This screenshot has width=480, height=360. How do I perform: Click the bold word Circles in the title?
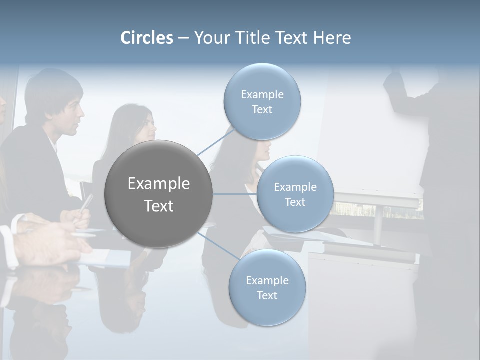146,38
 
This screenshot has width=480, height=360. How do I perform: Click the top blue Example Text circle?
262,102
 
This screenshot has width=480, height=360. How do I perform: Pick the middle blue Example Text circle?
295,194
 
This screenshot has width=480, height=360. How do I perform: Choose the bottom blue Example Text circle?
267,288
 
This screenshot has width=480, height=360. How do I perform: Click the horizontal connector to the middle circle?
235,194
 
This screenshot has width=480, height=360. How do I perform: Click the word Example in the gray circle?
158,184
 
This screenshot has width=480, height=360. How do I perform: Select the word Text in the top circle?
262,110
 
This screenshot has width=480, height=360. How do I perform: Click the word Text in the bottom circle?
267,296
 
